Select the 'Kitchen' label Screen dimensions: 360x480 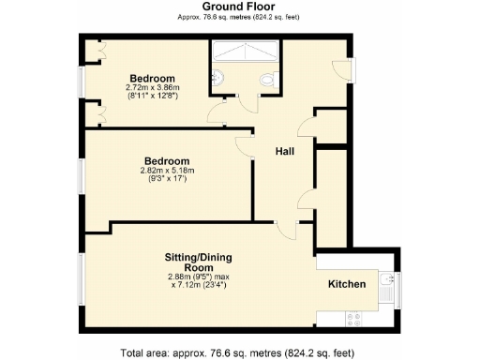click(346, 284)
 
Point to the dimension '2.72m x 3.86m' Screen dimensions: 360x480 click(152, 87)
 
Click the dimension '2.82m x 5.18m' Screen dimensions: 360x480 click(166, 171)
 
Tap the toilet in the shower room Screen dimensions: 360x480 click(270, 81)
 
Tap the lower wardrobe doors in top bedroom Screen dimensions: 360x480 click(99, 114)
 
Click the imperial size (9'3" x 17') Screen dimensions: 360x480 click(166, 179)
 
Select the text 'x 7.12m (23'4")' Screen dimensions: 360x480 click(195, 284)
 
